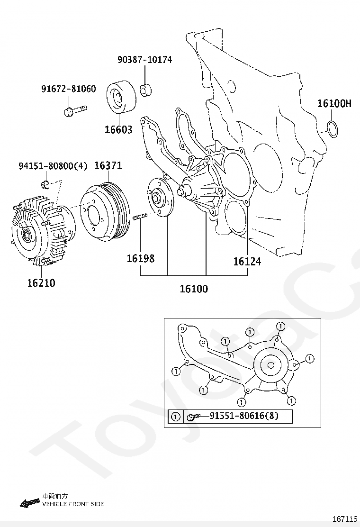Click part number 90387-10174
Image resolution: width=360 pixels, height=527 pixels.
[x=145, y=60]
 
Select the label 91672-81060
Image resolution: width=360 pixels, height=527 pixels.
[x=68, y=89]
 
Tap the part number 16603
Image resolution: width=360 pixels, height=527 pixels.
[x=118, y=130]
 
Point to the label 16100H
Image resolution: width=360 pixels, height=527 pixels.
[x=334, y=104]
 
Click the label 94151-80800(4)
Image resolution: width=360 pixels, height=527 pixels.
[x=53, y=166]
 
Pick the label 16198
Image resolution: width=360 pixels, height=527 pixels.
[x=140, y=259]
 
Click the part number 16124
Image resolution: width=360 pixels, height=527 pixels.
[x=247, y=261]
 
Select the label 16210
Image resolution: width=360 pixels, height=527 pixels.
[x=41, y=283]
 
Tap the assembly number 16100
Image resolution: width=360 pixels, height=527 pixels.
[x=193, y=288]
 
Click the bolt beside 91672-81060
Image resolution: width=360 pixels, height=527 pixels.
[x=75, y=111]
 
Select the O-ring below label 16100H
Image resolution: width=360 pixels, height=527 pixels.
[x=333, y=128]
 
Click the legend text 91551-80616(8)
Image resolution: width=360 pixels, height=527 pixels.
[x=243, y=417]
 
